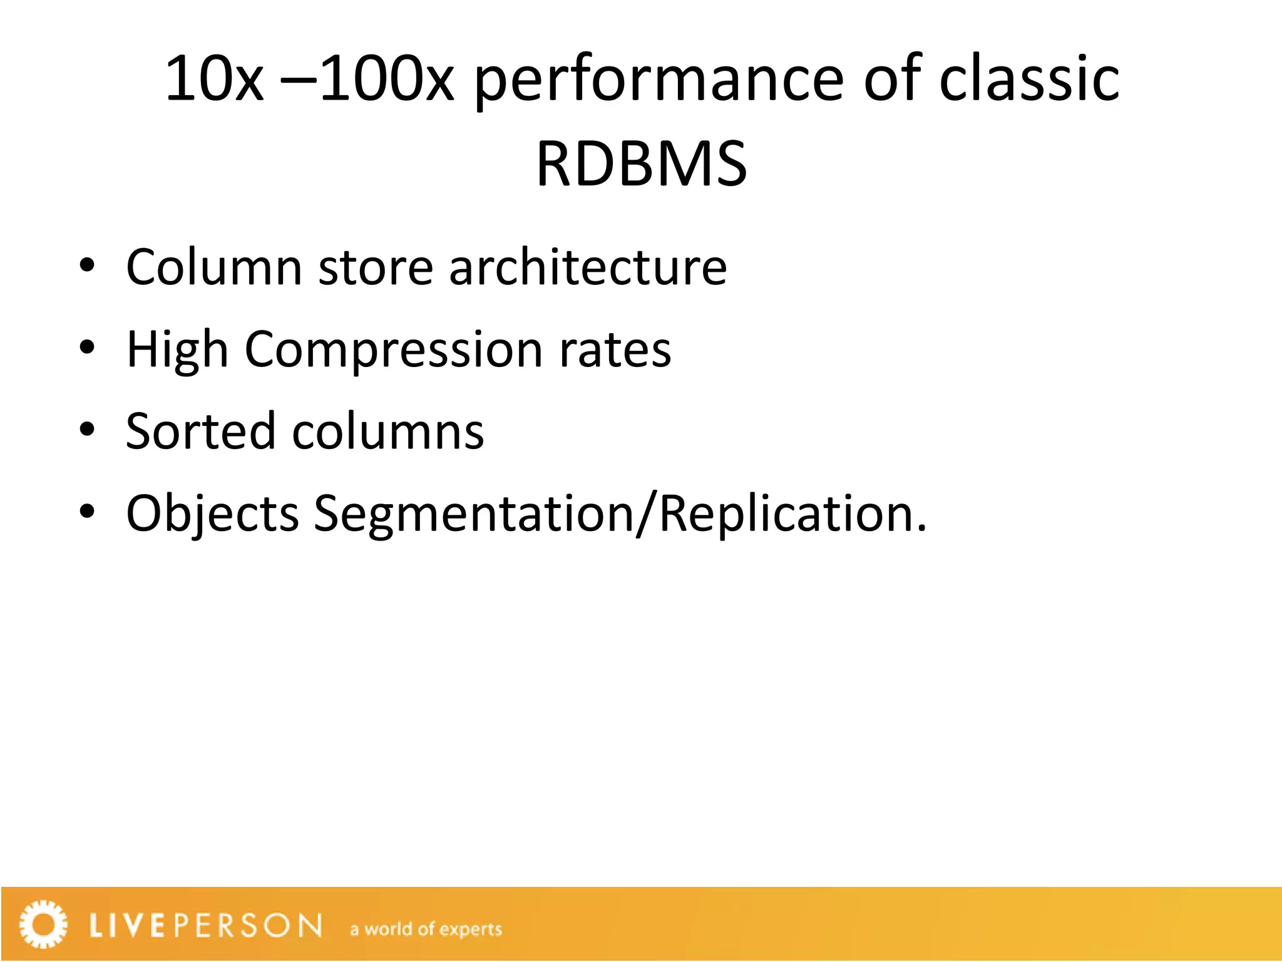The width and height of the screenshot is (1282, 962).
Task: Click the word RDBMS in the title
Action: (642, 164)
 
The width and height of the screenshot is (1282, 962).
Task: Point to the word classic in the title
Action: (1029, 79)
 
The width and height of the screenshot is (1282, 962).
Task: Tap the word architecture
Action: (588, 267)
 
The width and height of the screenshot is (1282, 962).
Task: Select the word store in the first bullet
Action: (376, 267)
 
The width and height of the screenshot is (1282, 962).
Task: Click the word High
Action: (177, 349)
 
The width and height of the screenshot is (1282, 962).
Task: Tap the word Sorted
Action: (200, 432)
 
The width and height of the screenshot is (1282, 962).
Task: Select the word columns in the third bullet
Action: (388, 432)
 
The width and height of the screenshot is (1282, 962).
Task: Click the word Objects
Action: (212, 514)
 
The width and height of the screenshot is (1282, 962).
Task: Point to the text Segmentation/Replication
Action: (620, 514)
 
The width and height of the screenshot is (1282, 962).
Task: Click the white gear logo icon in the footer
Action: (43, 924)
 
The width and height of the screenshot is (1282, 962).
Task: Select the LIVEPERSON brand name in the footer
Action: (206, 926)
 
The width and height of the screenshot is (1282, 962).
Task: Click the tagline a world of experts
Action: (426, 929)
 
